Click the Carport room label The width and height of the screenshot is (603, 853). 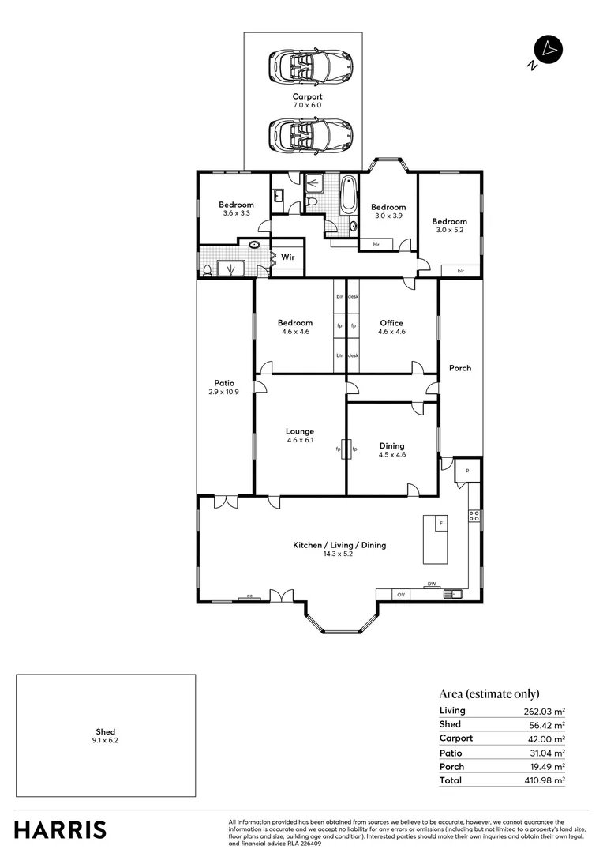[307, 96]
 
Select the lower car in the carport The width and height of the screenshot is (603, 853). [309, 136]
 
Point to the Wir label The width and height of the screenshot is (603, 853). [288, 257]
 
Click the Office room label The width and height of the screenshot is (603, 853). [391, 323]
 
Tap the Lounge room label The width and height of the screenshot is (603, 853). [300, 431]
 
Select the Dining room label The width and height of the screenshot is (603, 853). [391, 445]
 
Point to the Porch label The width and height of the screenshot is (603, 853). [460, 368]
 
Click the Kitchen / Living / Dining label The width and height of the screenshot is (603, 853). [339, 545]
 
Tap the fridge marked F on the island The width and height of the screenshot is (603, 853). [441, 524]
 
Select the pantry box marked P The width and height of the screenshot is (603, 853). [467, 470]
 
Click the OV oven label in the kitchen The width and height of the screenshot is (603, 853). [401, 594]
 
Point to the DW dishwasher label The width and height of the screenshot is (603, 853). [432, 584]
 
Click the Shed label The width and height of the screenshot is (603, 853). [106, 732]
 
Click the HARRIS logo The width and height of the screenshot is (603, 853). [60, 830]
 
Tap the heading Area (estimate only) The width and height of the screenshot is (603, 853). [489, 693]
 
